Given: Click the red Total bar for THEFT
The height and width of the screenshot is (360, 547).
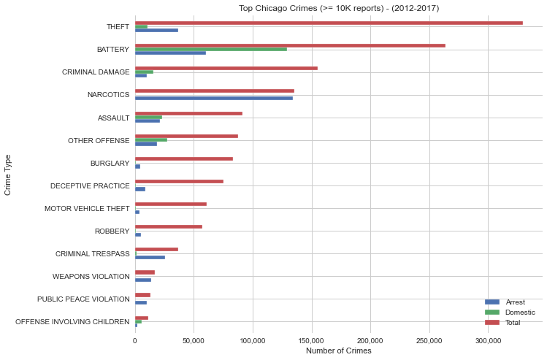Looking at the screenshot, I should [x=329, y=23].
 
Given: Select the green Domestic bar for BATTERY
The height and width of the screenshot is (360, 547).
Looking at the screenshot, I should [x=211, y=49].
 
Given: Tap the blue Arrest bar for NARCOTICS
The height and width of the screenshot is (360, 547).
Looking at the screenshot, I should [x=214, y=98].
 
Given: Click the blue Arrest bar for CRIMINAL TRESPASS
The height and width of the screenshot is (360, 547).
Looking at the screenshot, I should [x=150, y=257].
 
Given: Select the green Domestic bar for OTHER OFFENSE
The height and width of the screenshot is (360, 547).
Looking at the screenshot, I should [x=151, y=139].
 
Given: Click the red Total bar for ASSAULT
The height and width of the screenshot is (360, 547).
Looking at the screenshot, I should [x=188, y=113].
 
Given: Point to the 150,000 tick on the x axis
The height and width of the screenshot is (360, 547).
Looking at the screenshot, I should [x=312, y=340].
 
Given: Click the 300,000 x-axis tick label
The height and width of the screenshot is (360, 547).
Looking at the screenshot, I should [x=488, y=340].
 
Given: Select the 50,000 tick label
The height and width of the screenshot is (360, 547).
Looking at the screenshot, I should [x=194, y=340].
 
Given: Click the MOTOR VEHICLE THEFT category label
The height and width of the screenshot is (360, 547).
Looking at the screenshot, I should [x=87, y=208].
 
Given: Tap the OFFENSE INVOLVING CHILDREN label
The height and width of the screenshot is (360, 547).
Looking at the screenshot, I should [x=72, y=321].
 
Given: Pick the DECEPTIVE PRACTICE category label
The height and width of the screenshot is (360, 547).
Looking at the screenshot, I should [x=90, y=185].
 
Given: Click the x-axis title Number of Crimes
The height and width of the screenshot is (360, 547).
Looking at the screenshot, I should [x=339, y=351].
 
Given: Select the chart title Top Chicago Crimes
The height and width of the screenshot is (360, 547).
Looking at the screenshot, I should [x=339, y=8].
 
